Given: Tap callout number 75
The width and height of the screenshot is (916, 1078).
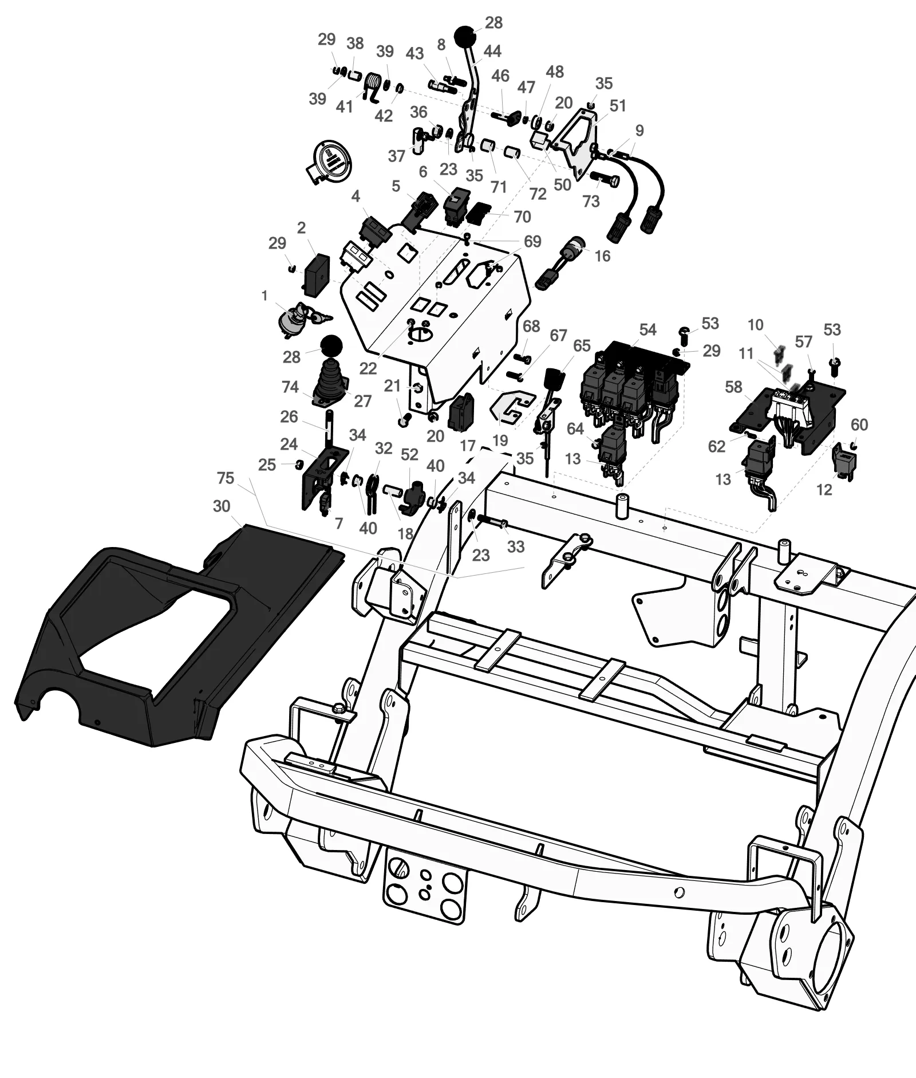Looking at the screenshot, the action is tap(226, 477).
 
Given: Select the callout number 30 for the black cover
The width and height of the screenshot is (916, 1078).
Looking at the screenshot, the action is tap(221, 506).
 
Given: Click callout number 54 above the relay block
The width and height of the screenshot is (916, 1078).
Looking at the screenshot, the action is tap(647, 329).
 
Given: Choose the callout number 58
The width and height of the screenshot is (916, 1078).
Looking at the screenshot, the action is tap(733, 387).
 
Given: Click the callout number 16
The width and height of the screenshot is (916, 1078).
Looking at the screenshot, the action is tap(602, 255).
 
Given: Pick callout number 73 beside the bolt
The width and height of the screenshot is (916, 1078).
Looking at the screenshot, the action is tap(591, 201).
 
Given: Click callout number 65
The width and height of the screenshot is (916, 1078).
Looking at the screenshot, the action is tap(582, 345).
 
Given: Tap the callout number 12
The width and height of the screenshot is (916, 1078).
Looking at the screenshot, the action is tap(823, 490).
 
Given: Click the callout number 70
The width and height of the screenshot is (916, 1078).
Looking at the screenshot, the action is tap(522, 217).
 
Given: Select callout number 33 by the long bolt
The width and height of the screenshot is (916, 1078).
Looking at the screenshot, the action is tap(515, 546).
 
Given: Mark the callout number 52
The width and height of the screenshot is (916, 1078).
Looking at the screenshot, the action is tap(409, 454).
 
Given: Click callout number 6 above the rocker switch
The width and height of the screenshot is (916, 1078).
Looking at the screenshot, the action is tap(423, 171).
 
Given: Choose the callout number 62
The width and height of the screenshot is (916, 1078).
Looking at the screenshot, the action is tap(716, 446).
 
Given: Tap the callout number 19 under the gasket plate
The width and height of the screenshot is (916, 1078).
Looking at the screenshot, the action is tap(500, 440).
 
